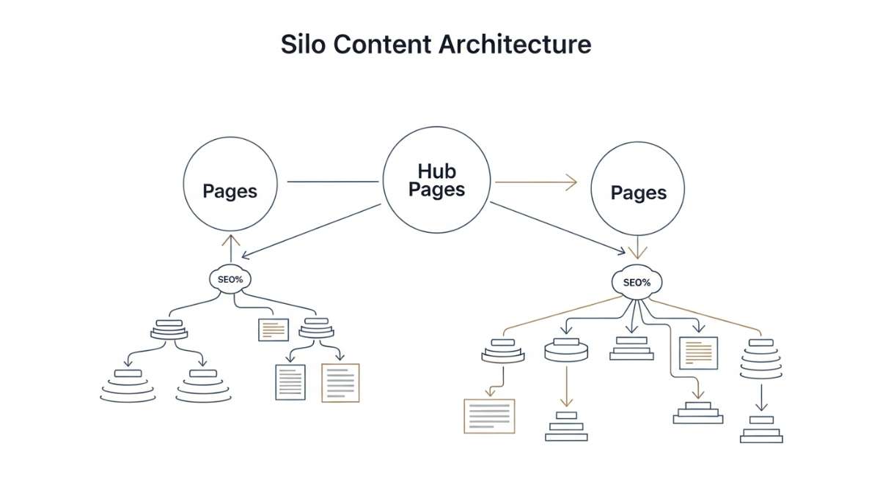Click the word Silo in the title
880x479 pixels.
click(300, 44)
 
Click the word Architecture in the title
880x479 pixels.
click(515, 44)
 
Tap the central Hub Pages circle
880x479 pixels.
click(437, 181)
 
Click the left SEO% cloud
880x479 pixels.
click(230, 279)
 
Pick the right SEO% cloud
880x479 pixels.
click(637, 282)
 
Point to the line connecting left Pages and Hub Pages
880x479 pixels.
click(334, 182)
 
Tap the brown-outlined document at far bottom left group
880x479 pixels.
click(341, 382)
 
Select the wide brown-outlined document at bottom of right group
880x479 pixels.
click(490, 415)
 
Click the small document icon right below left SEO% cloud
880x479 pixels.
click(274, 330)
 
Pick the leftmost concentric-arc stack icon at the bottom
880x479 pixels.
click(128, 385)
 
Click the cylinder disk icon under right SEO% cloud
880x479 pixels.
click(567, 350)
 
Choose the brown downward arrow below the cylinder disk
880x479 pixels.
click(565, 388)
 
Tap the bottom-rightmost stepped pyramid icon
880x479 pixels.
click(761, 430)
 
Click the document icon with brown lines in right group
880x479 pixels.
click(698, 353)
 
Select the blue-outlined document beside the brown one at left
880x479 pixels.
click(290, 382)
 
